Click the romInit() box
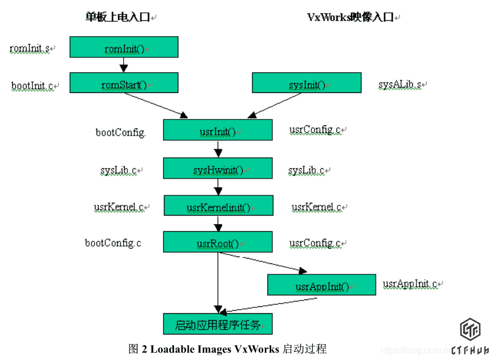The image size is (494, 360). [124, 47]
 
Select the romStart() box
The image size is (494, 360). [124, 83]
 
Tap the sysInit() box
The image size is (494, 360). [306, 83]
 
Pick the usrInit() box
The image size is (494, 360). [218, 130]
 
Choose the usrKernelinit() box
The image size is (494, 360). [218, 206]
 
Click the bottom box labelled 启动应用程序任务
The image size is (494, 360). [218, 324]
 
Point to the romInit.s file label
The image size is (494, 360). [30, 49]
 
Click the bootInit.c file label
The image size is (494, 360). [33, 85]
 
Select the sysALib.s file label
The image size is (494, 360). [401, 84]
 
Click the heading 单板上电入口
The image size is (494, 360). [118, 17]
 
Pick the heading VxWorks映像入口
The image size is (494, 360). [351, 17]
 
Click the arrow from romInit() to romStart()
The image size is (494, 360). [124, 65]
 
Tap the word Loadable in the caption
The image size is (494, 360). [174, 349]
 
